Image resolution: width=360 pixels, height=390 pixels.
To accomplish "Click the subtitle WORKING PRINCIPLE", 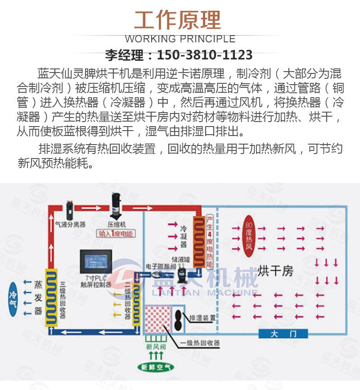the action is pos(180,39).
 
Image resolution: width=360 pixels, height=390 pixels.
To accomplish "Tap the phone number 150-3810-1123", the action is pos(205,55).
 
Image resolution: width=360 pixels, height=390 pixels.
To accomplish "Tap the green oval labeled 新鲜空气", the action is pos(156,367).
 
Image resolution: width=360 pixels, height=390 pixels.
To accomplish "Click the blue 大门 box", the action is pos(283,334).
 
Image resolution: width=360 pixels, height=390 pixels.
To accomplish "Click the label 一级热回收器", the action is pos(200,344).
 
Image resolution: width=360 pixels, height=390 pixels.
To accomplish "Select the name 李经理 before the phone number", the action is pos(126,55).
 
